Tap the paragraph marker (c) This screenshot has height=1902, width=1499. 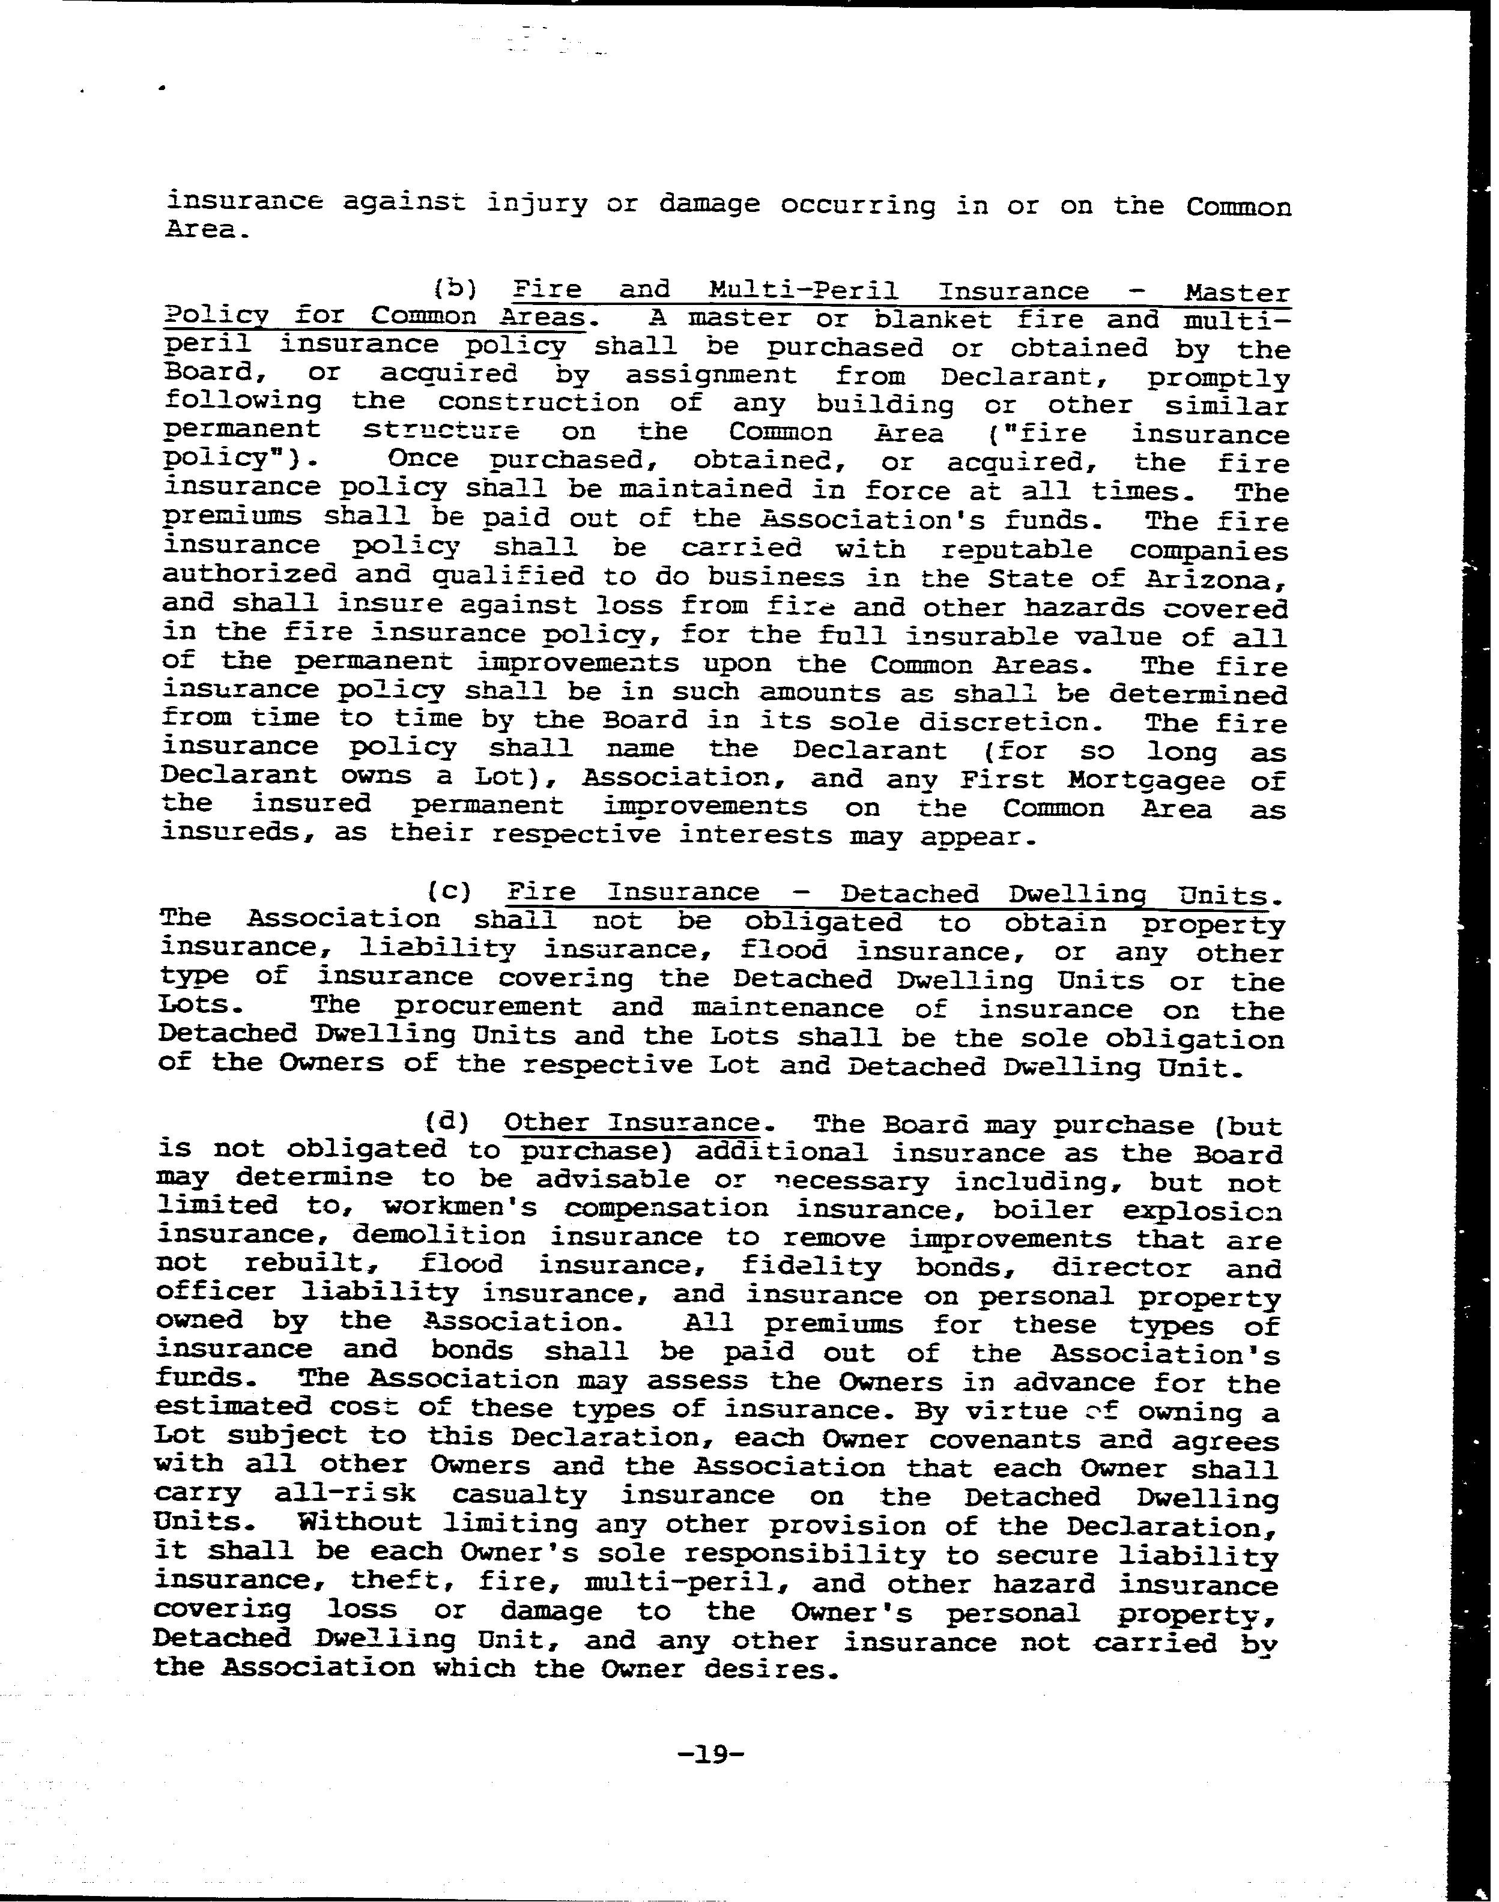449,892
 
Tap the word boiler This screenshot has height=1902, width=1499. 1044,1210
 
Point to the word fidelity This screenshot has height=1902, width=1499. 811,1266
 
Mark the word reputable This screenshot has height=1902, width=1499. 1016,550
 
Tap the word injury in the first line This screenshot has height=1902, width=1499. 536,204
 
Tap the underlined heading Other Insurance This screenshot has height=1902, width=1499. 632,1123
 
